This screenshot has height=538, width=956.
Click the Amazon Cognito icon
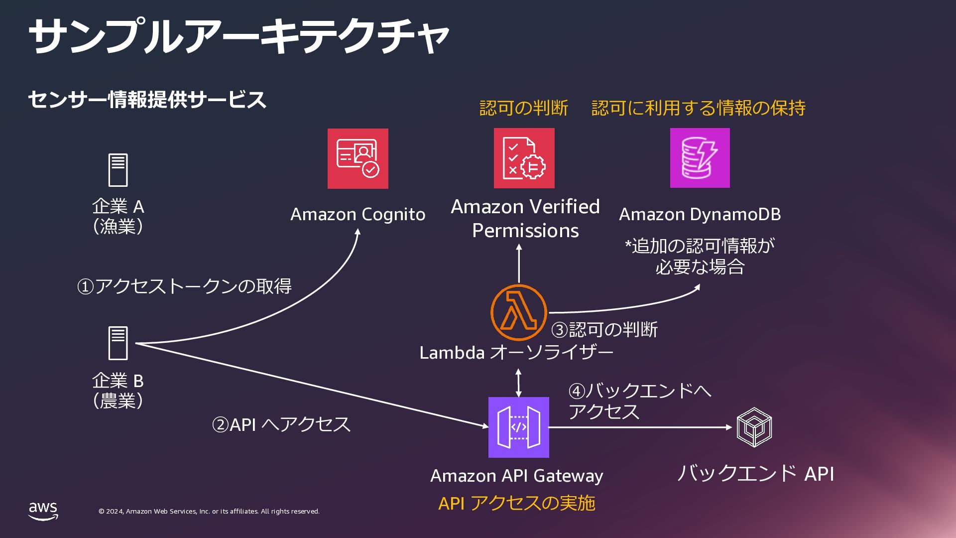pyautogui.click(x=358, y=158)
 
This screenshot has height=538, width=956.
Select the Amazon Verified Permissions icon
pyautogui.click(x=524, y=158)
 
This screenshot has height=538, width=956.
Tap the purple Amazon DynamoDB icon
pyautogui.click(x=700, y=158)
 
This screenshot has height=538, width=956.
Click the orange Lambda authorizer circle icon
pyautogui.click(x=518, y=312)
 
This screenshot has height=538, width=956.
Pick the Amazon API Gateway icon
pyautogui.click(x=518, y=427)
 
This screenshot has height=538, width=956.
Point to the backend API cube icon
pyautogui.click(x=754, y=427)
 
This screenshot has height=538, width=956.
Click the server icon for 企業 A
pyautogui.click(x=118, y=170)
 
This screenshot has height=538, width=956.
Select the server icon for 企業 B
pyautogui.click(x=118, y=343)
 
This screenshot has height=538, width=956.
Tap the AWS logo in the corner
pyautogui.click(x=43, y=511)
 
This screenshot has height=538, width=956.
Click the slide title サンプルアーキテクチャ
pyautogui.click(x=239, y=36)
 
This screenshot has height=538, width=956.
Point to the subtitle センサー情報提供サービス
pyautogui.click(x=147, y=100)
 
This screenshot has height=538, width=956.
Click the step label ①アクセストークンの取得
pyautogui.click(x=184, y=286)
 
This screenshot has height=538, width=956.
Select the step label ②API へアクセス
pyautogui.click(x=281, y=424)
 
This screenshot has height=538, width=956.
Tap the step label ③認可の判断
pyautogui.click(x=604, y=330)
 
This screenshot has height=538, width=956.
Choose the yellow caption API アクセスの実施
pyautogui.click(x=517, y=503)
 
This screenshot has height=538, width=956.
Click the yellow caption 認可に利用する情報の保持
pyautogui.click(x=698, y=108)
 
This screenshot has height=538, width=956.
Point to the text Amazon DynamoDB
pyautogui.click(x=700, y=214)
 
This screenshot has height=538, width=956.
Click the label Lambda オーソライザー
pyautogui.click(x=516, y=353)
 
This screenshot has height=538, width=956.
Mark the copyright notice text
pyautogui.click(x=209, y=512)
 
